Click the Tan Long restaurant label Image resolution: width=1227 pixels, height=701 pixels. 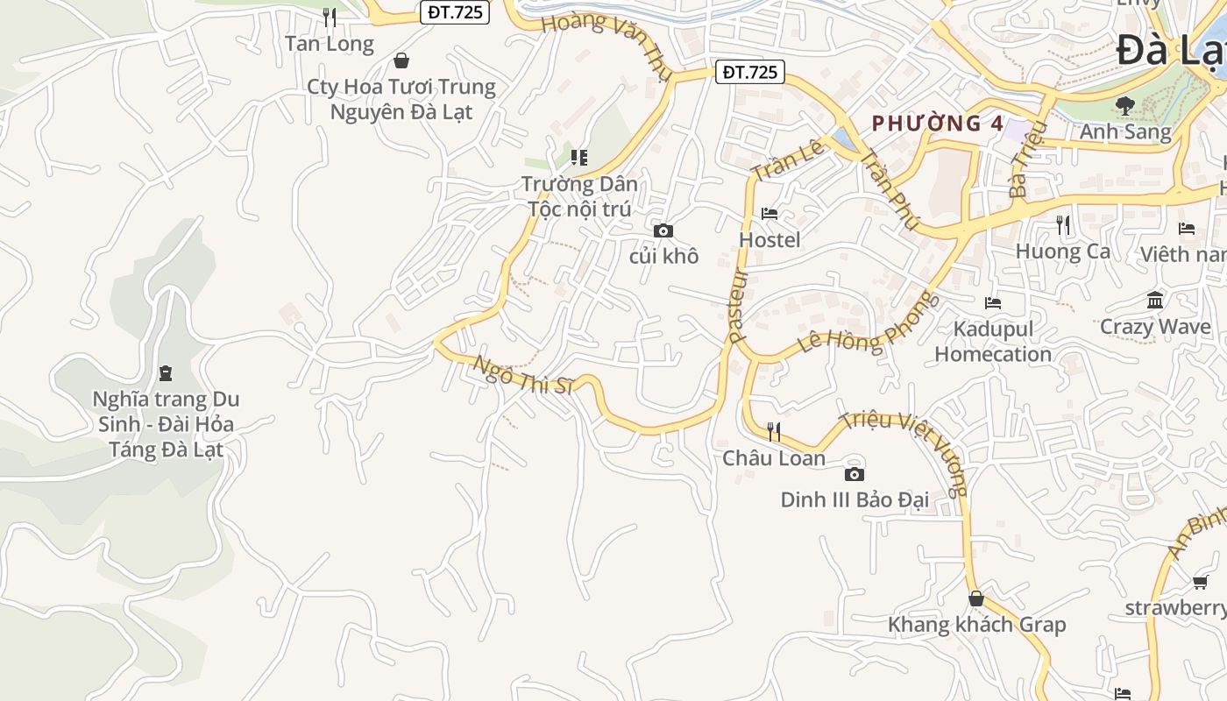pyautogui.click(x=330, y=44)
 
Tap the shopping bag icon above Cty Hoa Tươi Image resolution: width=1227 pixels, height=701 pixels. pyautogui.click(x=401, y=60)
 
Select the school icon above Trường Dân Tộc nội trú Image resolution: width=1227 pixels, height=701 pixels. pyautogui.click(x=578, y=158)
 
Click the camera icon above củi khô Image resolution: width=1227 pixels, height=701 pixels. pyautogui.click(x=663, y=230)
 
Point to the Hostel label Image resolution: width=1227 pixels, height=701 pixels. pyautogui.click(x=770, y=240)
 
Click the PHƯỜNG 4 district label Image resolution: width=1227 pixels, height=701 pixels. pyautogui.click(x=938, y=124)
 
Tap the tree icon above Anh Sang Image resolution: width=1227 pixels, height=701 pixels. pyautogui.click(x=1124, y=106)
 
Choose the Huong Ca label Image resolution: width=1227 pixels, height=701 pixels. pyautogui.click(x=1062, y=251)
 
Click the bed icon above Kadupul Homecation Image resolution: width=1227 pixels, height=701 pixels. pyautogui.click(x=993, y=303)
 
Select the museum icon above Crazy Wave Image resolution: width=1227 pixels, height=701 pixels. pyautogui.click(x=1155, y=301)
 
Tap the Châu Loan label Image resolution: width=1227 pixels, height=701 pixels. pyautogui.click(x=774, y=458)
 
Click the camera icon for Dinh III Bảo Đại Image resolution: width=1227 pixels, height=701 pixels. pyautogui.click(x=854, y=474)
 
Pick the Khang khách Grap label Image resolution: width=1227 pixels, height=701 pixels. pyautogui.click(x=976, y=625)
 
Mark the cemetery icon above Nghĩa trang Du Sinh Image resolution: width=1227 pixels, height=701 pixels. pyautogui.click(x=166, y=373)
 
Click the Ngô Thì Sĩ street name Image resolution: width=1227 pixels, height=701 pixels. pyautogui.click(x=523, y=375)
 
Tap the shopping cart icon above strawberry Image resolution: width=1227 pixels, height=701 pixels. pyautogui.click(x=1200, y=582)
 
